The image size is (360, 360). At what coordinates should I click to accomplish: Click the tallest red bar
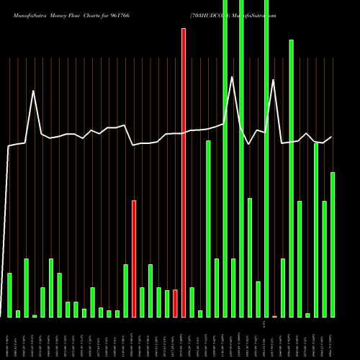184,173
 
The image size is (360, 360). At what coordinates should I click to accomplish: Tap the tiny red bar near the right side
274,316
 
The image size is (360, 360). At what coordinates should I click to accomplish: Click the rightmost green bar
333,245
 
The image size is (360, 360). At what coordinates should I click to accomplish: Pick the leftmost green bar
9,294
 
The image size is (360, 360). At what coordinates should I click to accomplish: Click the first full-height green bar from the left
225,158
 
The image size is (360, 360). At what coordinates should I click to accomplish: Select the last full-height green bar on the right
266,158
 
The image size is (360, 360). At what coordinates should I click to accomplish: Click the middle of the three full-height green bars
241,158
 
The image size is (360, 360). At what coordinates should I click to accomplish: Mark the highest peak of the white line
232,76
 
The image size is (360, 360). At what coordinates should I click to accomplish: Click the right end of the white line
332,137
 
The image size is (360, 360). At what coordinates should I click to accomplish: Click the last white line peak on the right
307,133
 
